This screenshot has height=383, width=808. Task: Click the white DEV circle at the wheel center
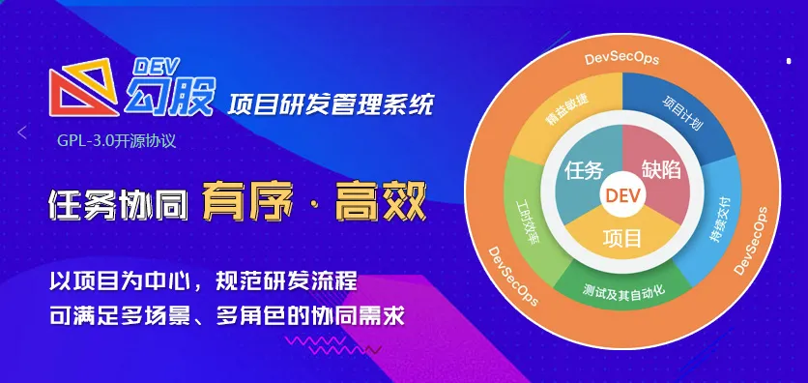623,194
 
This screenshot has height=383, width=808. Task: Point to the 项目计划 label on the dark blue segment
680,111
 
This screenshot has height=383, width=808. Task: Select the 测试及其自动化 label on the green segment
624,293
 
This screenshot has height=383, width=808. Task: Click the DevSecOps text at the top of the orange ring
622,59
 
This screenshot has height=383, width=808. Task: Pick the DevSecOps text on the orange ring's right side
750,241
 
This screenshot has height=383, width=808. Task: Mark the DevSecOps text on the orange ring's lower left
513,277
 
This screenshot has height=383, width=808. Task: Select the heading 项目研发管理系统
331,103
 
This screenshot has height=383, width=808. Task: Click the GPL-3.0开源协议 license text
117,141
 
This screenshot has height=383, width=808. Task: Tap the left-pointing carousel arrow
21,133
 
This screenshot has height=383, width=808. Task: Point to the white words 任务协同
118,202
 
